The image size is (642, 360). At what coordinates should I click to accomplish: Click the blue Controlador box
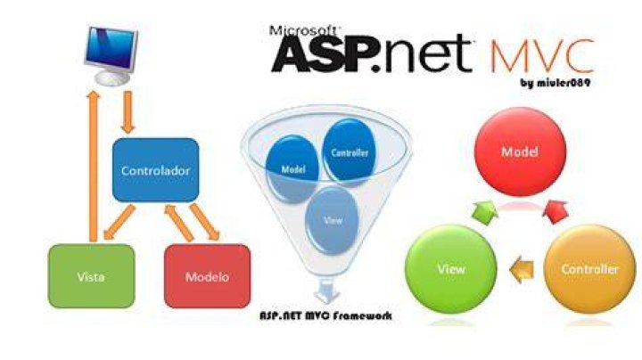[155, 170]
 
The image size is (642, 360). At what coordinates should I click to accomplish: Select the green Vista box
[91, 276]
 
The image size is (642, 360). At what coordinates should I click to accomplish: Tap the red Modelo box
[207, 276]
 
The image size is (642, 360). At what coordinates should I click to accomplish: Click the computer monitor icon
[111, 55]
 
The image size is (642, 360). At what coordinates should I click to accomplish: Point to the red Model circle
[520, 151]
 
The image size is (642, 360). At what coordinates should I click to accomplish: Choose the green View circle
[451, 269]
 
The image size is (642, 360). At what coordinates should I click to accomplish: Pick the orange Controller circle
[589, 269]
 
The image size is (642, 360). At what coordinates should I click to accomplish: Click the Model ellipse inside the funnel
[292, 169]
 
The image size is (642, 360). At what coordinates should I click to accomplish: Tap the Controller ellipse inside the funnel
[350, 152]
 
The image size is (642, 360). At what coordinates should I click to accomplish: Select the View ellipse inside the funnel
[332, 220]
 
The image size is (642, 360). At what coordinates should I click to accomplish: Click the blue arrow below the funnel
[326, 291]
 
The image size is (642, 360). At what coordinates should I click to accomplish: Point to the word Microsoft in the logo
[303, 30]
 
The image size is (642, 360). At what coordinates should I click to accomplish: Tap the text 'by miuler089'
[556, 83]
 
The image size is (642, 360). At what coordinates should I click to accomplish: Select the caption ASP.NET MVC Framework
[326, 315]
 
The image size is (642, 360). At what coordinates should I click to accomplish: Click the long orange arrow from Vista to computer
[94, 167]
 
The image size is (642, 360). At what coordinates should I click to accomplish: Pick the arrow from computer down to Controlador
[128, 112]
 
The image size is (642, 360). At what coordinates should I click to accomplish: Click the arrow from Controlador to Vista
[119, 222]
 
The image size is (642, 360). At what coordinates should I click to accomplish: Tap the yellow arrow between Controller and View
[522, 269]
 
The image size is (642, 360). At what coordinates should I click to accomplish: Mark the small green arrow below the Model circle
[486, 212]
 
